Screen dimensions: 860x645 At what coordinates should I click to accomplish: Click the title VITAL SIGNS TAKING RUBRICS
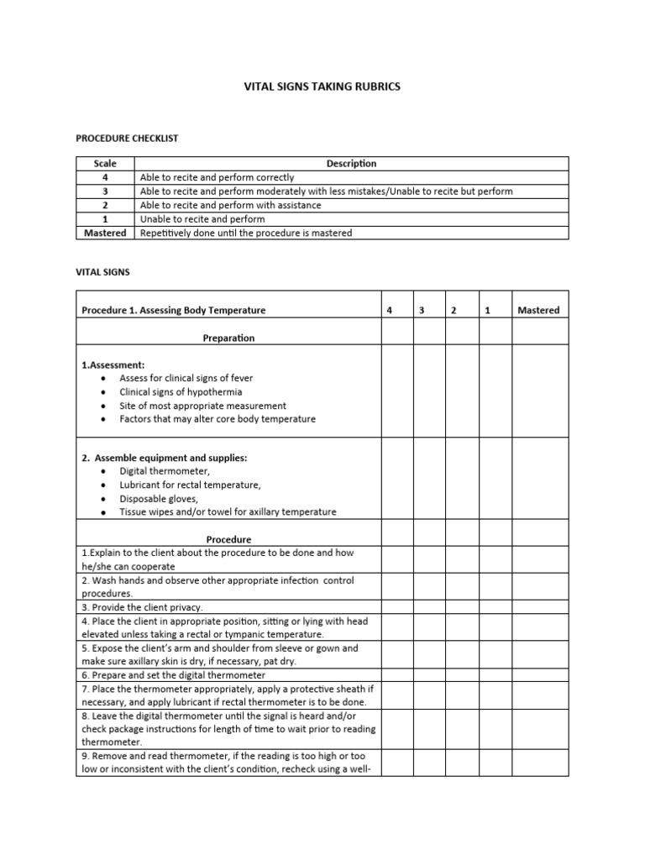point(322,86)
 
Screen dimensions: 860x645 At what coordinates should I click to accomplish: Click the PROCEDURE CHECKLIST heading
point(127,137)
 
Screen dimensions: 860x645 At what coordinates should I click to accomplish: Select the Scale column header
point(105,164)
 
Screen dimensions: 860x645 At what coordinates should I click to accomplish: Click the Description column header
point(351,164)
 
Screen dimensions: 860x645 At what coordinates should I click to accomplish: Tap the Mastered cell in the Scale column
point(105,233)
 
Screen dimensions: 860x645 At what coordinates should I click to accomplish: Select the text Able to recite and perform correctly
point(217,177)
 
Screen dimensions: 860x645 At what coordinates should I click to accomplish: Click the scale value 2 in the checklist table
point(105,205)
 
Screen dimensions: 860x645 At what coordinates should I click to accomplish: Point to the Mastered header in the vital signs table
point(538,310)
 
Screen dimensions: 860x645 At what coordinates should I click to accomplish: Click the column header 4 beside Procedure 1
point(389,310)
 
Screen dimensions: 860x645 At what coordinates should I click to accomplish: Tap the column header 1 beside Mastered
point(487,310)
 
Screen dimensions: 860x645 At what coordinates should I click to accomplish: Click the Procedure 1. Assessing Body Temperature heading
point(173,310)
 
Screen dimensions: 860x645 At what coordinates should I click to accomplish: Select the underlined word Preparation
point(228,338)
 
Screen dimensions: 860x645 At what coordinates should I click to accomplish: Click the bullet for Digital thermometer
point(102,472)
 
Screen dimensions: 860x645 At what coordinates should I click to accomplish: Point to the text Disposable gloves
point(159,498)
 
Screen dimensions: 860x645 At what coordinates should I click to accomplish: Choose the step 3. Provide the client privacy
point(142,606)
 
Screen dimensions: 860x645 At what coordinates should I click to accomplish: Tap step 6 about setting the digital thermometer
point(173,674)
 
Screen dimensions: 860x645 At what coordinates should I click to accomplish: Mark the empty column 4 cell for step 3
point(396,606)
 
